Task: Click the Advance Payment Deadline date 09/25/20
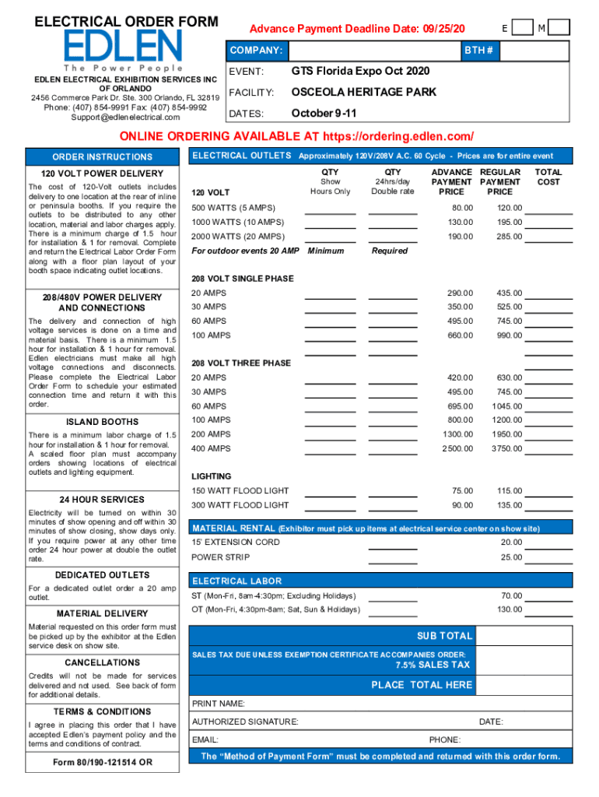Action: (x=441, y=28)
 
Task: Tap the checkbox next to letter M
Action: (x=560, y=28)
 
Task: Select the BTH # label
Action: (x=478, y=51)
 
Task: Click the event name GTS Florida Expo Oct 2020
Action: (x=360, y=72)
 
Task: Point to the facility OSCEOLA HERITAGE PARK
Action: (x=363, y=93)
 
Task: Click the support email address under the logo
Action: (x=124, y=118)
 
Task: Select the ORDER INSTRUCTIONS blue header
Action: (x=103, y=157)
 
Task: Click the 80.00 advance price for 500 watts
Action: (x=462, y=208)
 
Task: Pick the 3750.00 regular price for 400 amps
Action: (x=506, y=448)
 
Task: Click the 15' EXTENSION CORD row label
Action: (x=236, y=542)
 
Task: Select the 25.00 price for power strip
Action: (x=511, y=557)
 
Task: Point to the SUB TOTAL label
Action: (x=444, y=636)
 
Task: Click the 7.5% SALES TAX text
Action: (x=433, y=665)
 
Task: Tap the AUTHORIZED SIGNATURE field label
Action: (x=244, y=722)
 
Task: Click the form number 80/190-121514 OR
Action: (x=103, y=762)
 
